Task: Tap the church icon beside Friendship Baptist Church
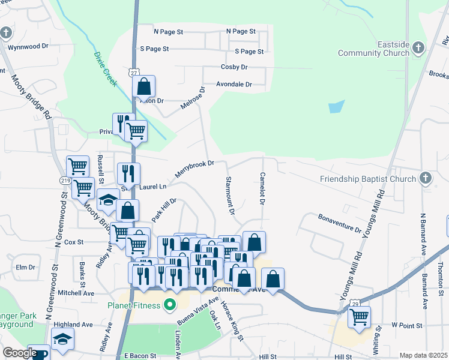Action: (425, 178)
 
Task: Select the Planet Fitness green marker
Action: (170, 305)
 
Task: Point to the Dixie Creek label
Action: (105, 68)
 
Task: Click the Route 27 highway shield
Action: (134, 72)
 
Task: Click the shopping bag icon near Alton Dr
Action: (144, 86)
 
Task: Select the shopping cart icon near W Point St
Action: (359, 317)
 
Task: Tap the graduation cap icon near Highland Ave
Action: (62, 339)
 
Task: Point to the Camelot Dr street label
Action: (262, 188)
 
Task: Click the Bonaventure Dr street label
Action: (340, 223)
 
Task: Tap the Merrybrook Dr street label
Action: (194, 169)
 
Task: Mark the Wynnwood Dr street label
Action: (28, 46)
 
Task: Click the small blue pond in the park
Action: (337, 107)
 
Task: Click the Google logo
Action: (19, 353)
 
